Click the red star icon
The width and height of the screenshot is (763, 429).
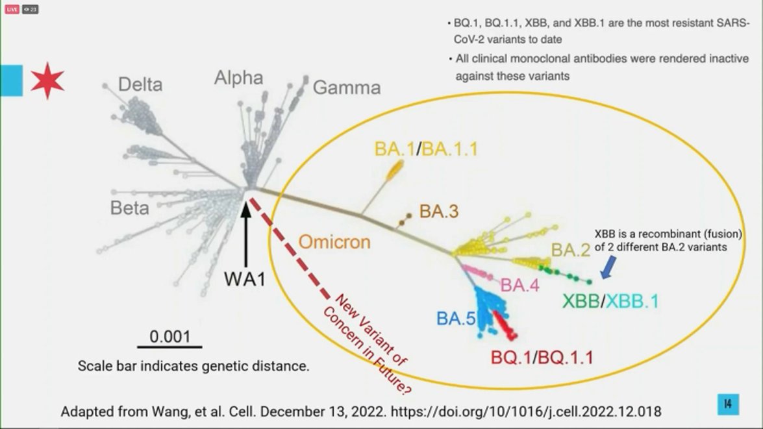coord(47,80)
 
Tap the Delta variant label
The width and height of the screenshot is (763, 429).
coord(140,84)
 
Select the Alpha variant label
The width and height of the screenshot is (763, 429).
coord(238,79)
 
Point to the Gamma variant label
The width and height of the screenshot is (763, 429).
coord(347,88)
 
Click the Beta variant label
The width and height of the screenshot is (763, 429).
coord(129,208)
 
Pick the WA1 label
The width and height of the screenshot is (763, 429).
coord(247,278)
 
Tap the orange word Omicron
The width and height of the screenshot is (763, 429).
coord(334,243)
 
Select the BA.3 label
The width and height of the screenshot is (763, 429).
coord(439,211)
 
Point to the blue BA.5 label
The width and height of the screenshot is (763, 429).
coord(455,318)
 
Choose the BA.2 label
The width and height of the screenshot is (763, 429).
coord(571,249)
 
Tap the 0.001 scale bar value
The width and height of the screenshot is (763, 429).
coord(170,337)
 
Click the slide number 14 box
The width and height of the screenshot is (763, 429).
coord(727,404)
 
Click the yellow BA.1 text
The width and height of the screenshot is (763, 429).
coord(394,149)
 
